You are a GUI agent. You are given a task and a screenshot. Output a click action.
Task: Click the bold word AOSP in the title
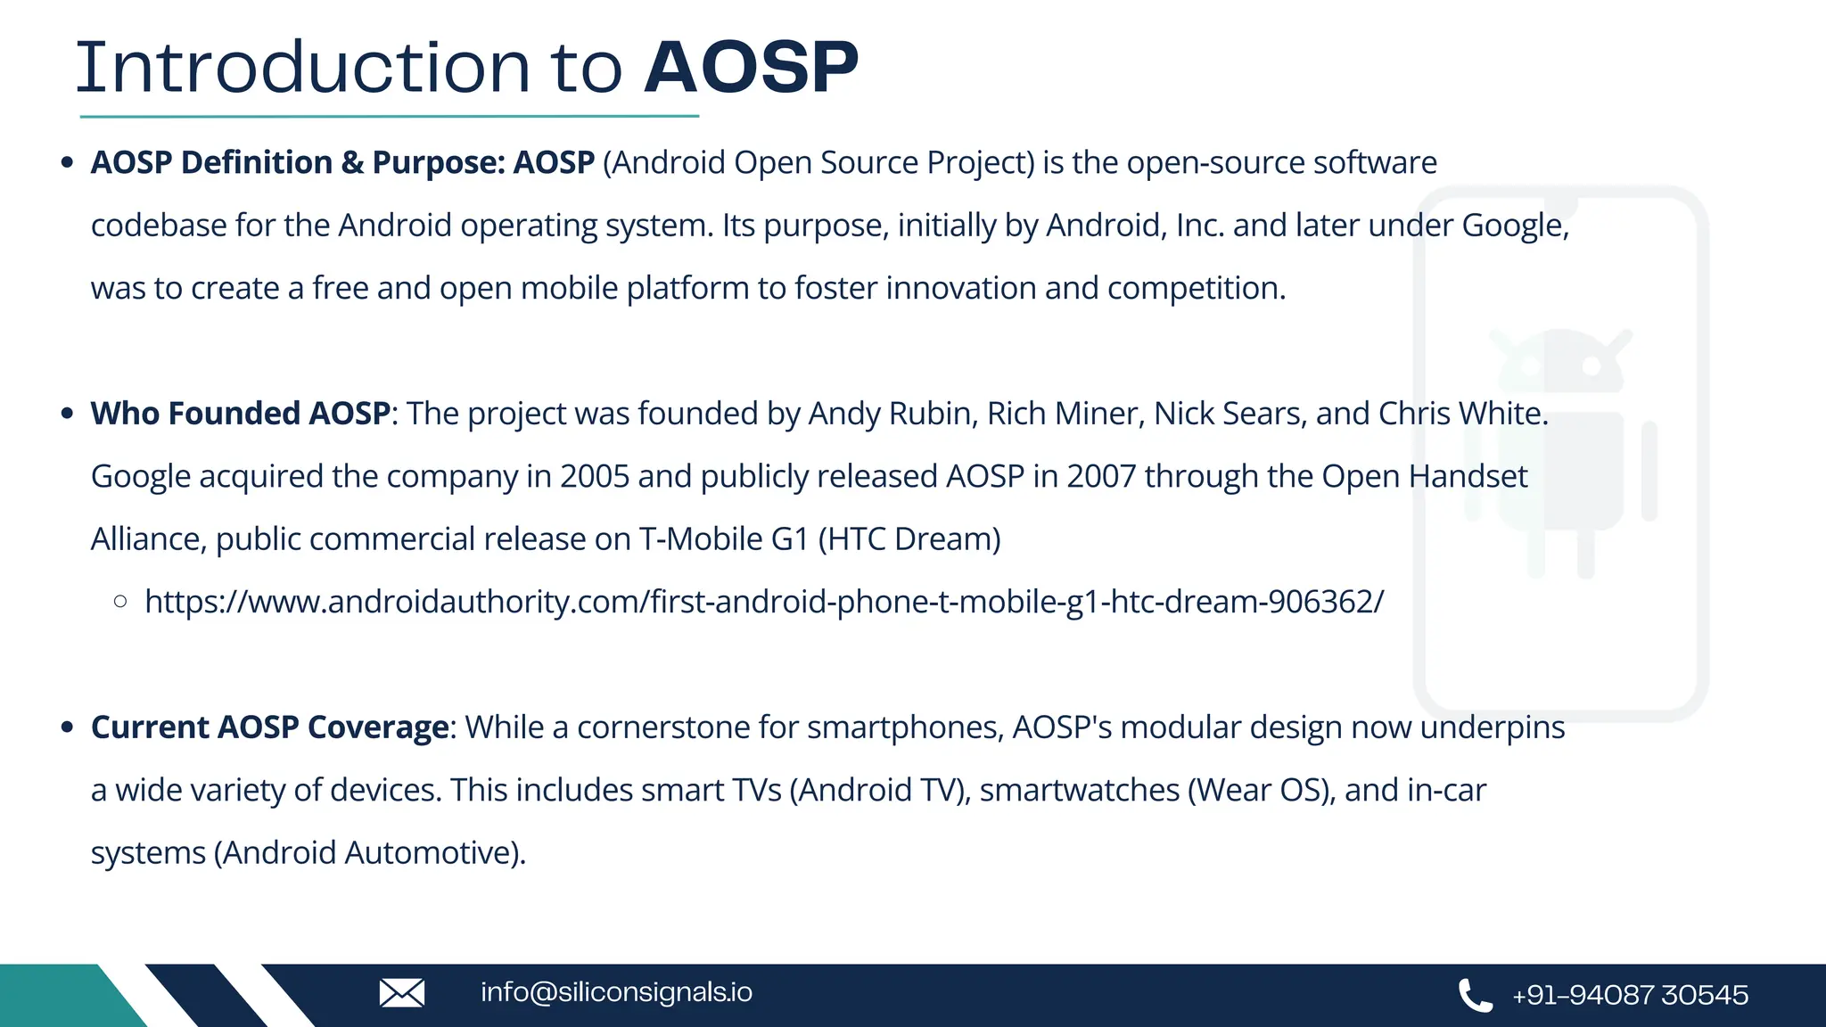[x=751, y=68]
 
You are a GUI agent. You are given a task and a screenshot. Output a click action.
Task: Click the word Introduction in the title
[x=303, y=68]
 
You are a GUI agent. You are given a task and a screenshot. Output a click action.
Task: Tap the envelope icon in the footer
[x=402, y=993]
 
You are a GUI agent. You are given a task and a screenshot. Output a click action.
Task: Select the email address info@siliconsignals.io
[x=616, y=992]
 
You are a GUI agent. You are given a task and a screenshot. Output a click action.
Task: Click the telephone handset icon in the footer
[x=1475, y=995]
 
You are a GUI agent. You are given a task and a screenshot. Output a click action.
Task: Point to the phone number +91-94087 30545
[x=1630, y=995]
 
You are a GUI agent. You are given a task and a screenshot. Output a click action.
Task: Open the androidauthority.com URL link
[x=764, y=602]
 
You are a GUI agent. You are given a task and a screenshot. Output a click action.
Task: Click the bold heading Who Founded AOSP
[x=241, y=414]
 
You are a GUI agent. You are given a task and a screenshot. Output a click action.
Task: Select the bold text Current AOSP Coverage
[x=269, y=727]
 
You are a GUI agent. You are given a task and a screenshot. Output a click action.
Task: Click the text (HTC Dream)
[x=909, y=539]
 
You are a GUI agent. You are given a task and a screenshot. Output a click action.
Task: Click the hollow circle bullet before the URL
[x=120, y=602]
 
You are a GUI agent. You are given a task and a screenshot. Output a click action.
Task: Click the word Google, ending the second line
[x=1515, y=226]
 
